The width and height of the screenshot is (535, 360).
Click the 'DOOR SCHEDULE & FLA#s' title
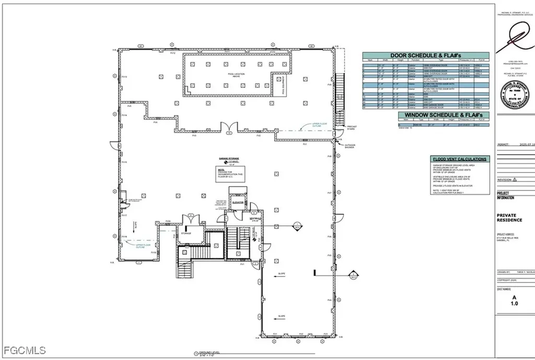425,55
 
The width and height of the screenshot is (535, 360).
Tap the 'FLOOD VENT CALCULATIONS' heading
460,159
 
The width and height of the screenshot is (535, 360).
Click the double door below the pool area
228,127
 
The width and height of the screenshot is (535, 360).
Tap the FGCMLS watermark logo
24,351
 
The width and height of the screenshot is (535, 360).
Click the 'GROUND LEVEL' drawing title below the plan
207,353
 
